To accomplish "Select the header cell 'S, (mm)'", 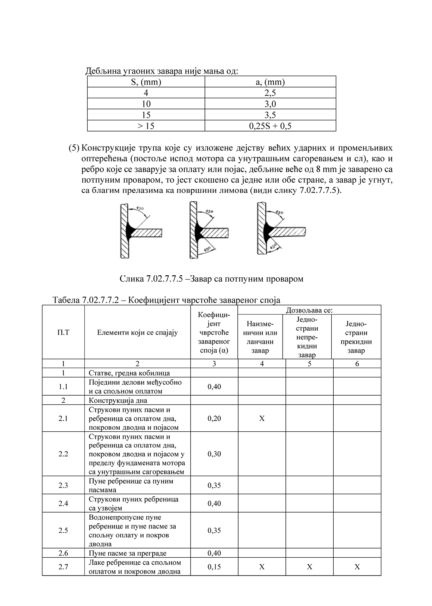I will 146,82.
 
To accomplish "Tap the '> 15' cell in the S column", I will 146,126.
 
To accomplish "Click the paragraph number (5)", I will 74,148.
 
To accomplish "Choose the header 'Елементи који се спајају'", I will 137,332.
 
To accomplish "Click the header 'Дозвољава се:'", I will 309,310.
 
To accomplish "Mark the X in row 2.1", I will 262,418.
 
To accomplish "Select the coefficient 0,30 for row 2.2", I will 214,454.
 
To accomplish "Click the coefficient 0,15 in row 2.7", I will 214,567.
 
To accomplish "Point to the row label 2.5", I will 63,530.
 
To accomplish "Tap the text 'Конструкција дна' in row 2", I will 118,400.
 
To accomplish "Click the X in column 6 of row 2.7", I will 357,567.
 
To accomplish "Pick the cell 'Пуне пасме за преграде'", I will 127,553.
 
